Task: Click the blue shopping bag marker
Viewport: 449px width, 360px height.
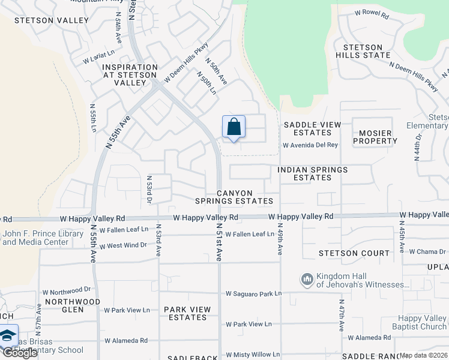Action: [234, 127]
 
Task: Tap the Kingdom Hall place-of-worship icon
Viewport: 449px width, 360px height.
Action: [307, 279]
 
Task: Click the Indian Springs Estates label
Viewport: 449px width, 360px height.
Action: [312, 174]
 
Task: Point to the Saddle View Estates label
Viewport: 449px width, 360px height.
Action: [312, 128]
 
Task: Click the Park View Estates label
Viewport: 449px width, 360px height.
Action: [187, 313]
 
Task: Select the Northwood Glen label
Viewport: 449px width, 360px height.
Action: [73, 305]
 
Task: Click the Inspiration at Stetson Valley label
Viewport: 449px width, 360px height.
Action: [130, 75]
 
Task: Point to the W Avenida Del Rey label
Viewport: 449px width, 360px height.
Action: [310, 145]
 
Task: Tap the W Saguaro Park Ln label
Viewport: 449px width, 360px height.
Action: [253, 294]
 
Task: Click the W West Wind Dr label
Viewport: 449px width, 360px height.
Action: [123, 245]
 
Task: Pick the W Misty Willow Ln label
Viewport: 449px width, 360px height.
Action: [252, 355]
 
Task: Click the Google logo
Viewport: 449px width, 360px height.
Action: [19, 352]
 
